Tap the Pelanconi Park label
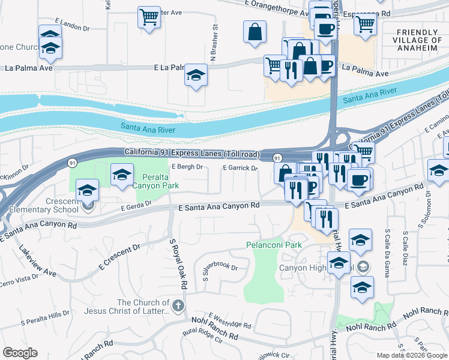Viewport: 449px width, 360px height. tap(274, 245)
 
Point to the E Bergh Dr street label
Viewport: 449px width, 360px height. tap(187, 167)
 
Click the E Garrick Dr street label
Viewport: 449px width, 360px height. tap(240, 168)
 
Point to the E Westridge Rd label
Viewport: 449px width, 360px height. tap(230, 320)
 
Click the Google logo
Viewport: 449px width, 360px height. tap(20, 353)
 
